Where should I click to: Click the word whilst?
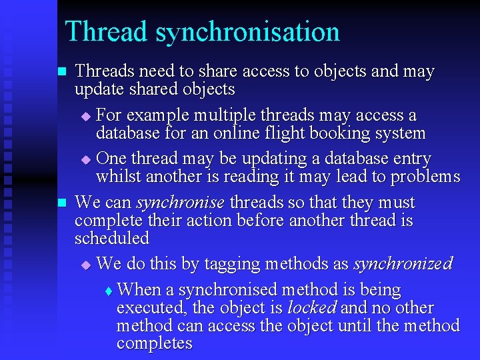point(119,177)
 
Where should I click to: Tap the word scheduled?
point(112,238)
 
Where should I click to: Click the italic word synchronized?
point(403,264)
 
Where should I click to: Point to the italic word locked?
point(311,309)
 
